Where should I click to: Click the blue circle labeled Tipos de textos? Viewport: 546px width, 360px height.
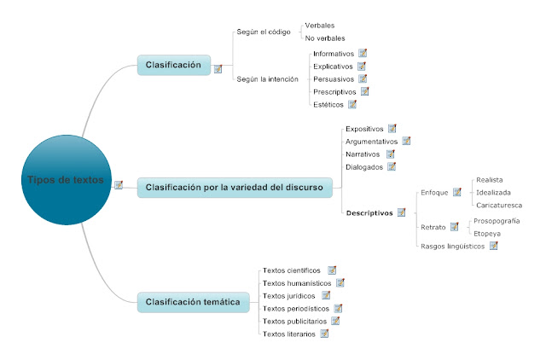[x=65, y=180]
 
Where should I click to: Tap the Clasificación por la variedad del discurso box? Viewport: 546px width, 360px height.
[x=235, y=186]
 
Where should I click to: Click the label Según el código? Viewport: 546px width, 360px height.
[x=263, y=32]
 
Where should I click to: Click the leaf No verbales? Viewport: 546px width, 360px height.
[x=324, y=38]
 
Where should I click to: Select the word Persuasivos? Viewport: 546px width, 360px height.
[x=335, y=78]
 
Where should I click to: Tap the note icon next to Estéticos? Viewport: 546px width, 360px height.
[x=352, y=104]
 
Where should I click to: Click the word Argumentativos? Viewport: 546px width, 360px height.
[x=372, y=141]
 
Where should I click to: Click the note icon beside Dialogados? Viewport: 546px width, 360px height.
[x=392, y=167]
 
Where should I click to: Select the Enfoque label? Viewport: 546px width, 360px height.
[x=434, y=193]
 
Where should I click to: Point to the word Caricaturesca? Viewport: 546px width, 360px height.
[x=500, y=206]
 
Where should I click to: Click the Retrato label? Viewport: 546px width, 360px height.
[x=433, y=227]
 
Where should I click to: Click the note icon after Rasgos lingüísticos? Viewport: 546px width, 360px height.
[x=493, y=246]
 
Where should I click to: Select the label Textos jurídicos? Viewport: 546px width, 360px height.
[x=289, y=295]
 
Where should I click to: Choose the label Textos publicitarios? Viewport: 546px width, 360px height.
[x=295, y=321]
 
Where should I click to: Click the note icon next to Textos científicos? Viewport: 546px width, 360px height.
[x=332, y=270]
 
